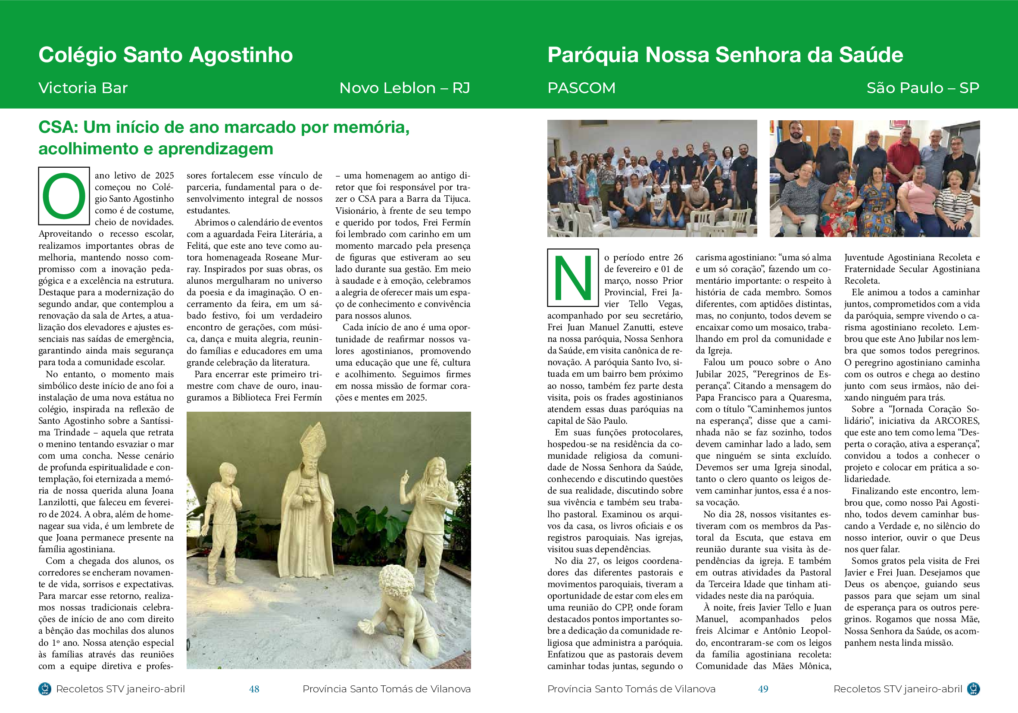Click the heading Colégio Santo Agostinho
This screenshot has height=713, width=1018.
(166, 55)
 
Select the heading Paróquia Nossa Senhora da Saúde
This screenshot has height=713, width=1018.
(725, 55)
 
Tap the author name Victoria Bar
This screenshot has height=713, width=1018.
(83, 88)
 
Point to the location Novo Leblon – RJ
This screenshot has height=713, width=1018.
(404, 88)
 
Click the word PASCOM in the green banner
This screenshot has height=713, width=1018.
(581, 88)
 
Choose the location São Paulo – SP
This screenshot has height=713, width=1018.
(923, 88)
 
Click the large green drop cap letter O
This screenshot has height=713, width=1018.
(64, 196)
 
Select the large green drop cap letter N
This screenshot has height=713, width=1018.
(573, 278)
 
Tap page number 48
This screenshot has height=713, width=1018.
(254, 689)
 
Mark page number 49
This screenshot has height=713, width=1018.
(763, 689)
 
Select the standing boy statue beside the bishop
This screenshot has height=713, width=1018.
(225, 519)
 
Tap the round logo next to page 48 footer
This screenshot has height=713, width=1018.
(44, 689)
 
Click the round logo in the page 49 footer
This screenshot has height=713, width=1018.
(973, 689)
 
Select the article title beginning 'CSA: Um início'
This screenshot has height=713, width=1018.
(224, 138)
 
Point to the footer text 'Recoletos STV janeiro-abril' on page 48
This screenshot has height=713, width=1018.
(120, 689)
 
